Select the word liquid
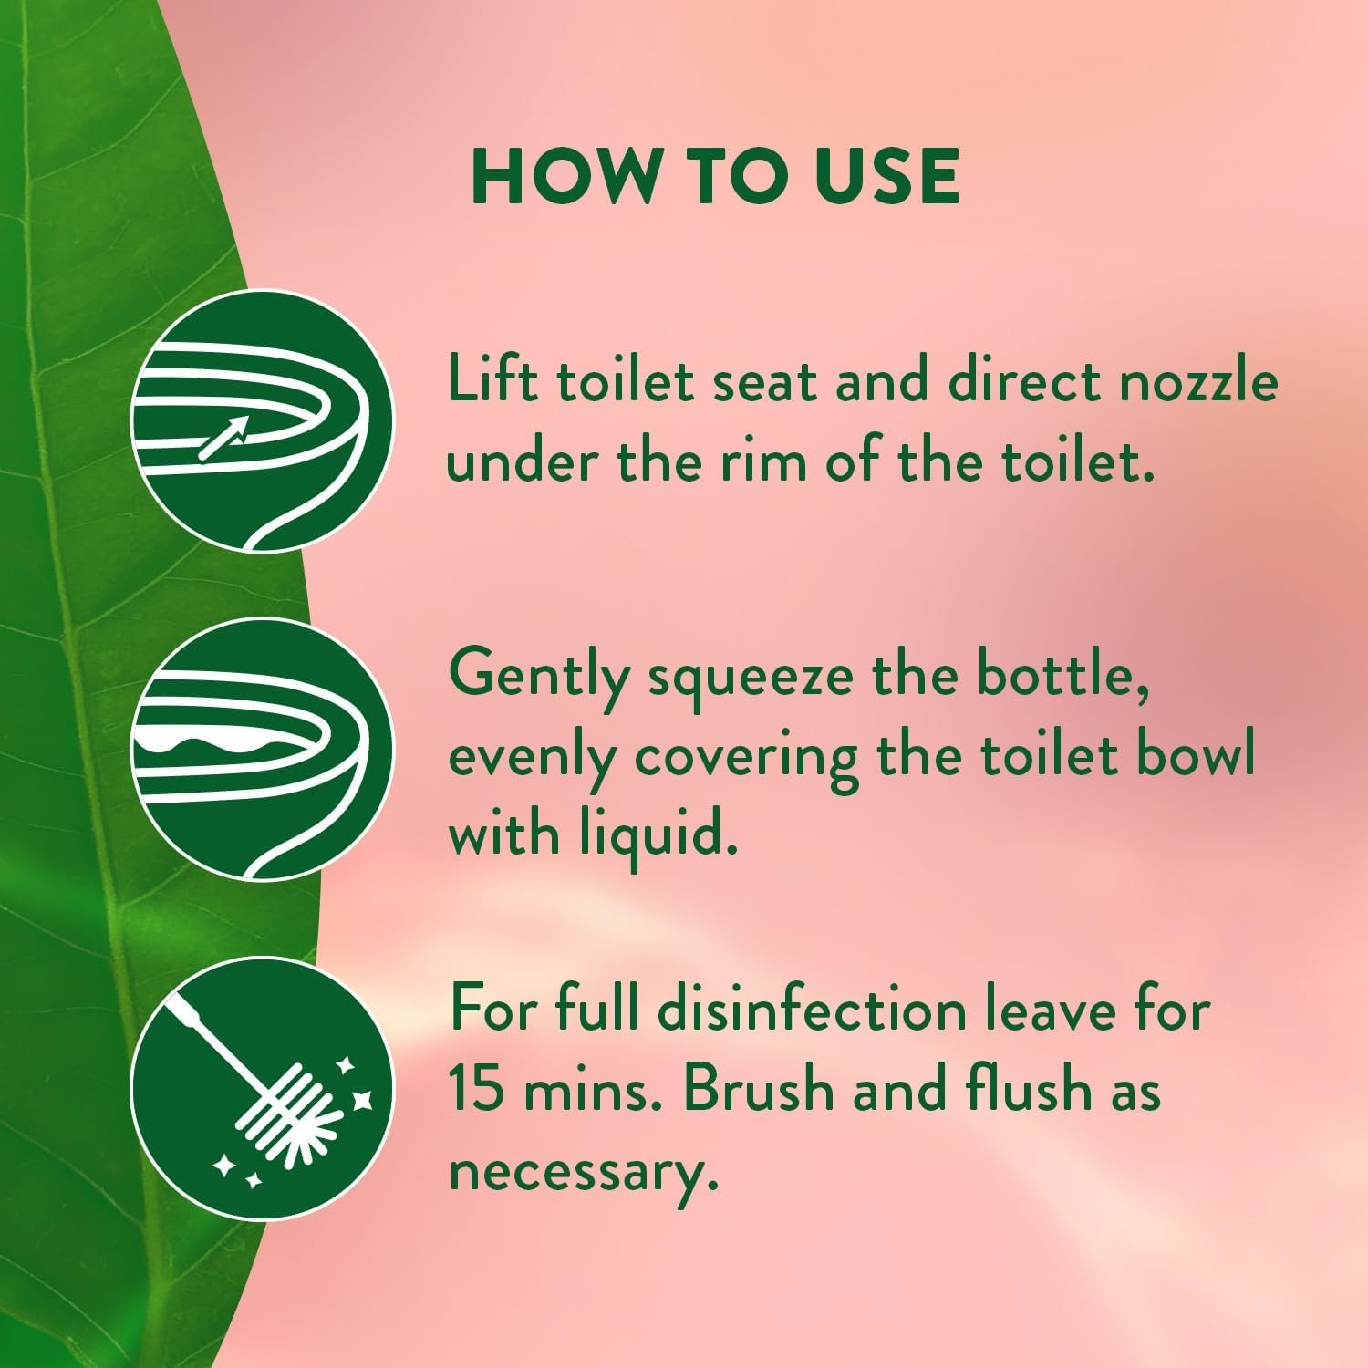point(657,834)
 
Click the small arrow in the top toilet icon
point(224,437)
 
